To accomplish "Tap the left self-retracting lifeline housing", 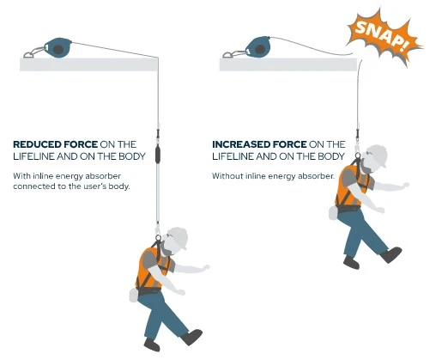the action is coord(58,48).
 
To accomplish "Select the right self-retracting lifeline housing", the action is coord(258,47).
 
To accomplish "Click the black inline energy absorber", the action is coord(158,156).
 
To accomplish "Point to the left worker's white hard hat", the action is coord(179,237).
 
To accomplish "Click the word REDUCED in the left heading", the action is coord(37,144).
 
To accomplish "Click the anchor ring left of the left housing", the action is coord(28,54).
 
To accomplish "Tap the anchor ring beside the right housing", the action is coord(228,54).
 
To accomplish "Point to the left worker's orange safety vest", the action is coord(151,268).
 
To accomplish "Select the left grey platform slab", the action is coord(88,64).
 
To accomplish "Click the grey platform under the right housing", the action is coord(288,64).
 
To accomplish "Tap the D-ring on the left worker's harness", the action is coord(158,237).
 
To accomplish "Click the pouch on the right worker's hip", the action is coord(333,213).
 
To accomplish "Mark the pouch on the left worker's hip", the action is coord(134,296).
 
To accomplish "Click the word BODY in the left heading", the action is coord(133,156).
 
